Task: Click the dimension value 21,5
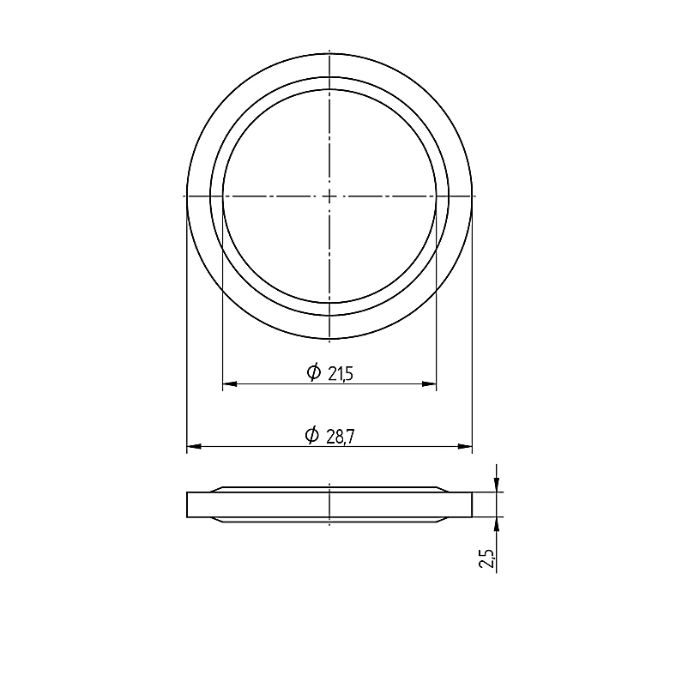tap(341, 374)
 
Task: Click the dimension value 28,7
tap(341, 438)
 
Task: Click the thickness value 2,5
tap(487, 558)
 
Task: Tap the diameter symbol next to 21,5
tap(314, 371)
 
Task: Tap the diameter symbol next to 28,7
tap(311, 435)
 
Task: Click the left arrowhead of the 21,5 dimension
tap(229, 383)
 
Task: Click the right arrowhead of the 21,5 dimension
tap(429, 383)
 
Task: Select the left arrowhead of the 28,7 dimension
tap(194, 447)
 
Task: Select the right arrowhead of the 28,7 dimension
tap(465, 447)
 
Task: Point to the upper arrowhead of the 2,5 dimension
tap(497, 485)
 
